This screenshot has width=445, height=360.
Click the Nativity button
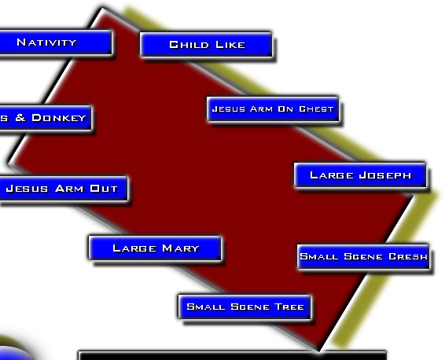56,42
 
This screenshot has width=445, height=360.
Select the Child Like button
206,45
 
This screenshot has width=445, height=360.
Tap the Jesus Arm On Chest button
273,109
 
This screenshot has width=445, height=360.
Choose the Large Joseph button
360,175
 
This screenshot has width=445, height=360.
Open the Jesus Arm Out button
64,189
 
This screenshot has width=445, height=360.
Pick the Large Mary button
155,248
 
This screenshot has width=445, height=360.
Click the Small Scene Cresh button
363,256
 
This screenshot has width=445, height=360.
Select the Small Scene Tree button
245,307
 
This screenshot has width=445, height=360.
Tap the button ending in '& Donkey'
46,118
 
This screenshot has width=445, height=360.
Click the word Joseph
385,175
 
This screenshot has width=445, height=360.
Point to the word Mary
181,248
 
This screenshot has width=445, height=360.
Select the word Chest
316,109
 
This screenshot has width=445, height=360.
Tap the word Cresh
408,256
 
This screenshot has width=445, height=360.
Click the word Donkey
59,118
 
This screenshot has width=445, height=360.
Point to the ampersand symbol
20,117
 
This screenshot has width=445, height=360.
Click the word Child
189,45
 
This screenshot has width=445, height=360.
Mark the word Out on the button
104,189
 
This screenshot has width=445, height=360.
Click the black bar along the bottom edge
232,355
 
